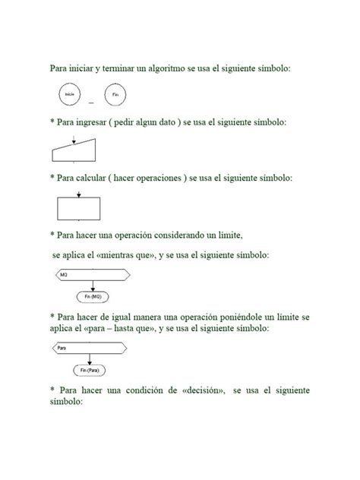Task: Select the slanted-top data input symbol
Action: click(x=77, y=152)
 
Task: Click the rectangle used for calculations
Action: click(x=79, y=207)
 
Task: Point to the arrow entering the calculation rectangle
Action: click(x=79, y=194)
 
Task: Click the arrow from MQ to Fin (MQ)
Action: click(x=92, y=285)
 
